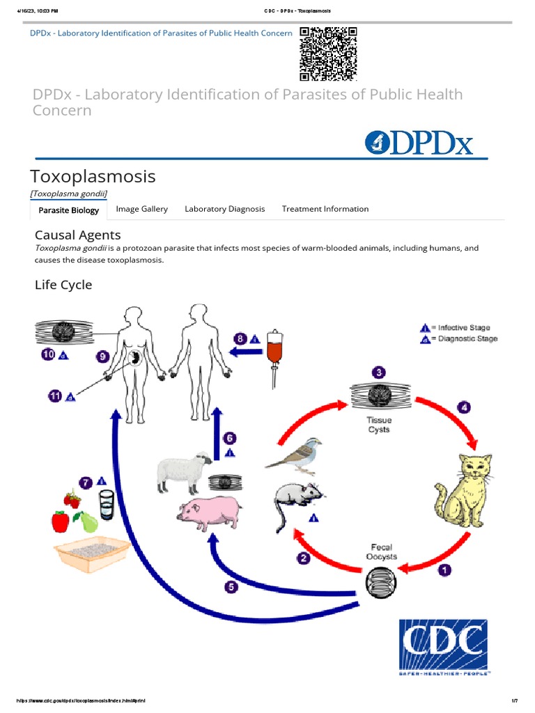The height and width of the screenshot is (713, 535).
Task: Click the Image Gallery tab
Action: point(141,209)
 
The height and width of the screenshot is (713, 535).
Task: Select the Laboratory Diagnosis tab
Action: point(224,209)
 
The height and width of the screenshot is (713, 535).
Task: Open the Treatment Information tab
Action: point(325,209)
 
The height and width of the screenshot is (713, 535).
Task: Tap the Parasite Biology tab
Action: point(68,210)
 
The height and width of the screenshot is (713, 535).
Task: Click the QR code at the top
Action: point(328,54)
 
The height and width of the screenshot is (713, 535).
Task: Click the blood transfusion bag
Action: point(278,355)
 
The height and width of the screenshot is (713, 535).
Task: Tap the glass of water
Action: point(107,503)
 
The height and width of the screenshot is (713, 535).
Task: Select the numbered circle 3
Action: point(379,373)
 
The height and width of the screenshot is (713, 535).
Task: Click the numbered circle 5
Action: point(231,587)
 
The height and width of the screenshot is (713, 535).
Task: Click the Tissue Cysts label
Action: point(379,425)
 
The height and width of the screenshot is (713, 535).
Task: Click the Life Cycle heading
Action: point(63,285)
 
